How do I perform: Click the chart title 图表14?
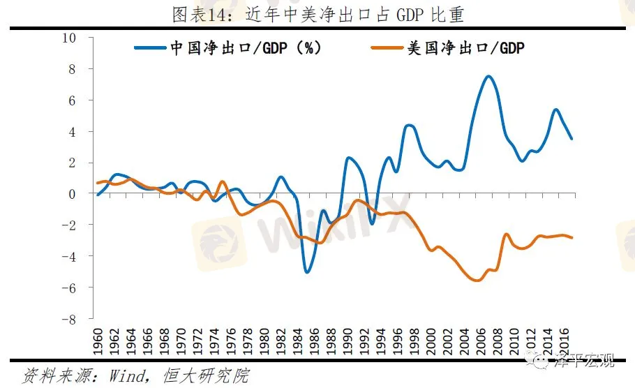318,13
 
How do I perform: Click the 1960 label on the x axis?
98,342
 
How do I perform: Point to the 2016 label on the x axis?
566,342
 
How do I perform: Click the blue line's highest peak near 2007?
488,76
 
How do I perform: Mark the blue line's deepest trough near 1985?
307,271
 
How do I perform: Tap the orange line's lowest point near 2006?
477,280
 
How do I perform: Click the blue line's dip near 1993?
372,224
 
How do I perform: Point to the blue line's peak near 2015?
555,110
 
